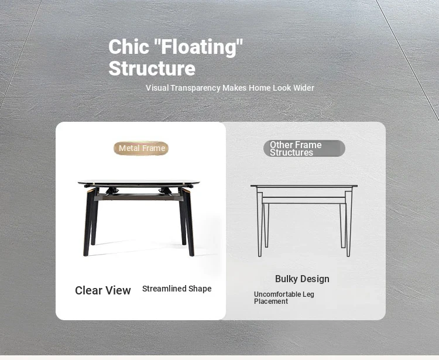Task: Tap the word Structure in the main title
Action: click(152, 68)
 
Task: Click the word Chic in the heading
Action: click(129, 46)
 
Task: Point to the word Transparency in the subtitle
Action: click(196, 88)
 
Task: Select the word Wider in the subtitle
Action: click(303, 88)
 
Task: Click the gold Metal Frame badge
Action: click(141, 148)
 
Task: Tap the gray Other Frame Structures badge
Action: click(304, 148)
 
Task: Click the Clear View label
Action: click(103, 290)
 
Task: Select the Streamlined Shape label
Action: click(177, 289)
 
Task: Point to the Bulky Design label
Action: click(302, 279)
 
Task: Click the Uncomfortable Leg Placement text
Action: click(284, 298)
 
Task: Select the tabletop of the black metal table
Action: click(139, 183)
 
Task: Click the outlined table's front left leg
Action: click(260, 224)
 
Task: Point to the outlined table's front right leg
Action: click(348, 224)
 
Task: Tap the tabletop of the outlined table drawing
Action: click(304, 186)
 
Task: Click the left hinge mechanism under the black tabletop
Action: click(112, 191)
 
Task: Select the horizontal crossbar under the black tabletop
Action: click(139, 197)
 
